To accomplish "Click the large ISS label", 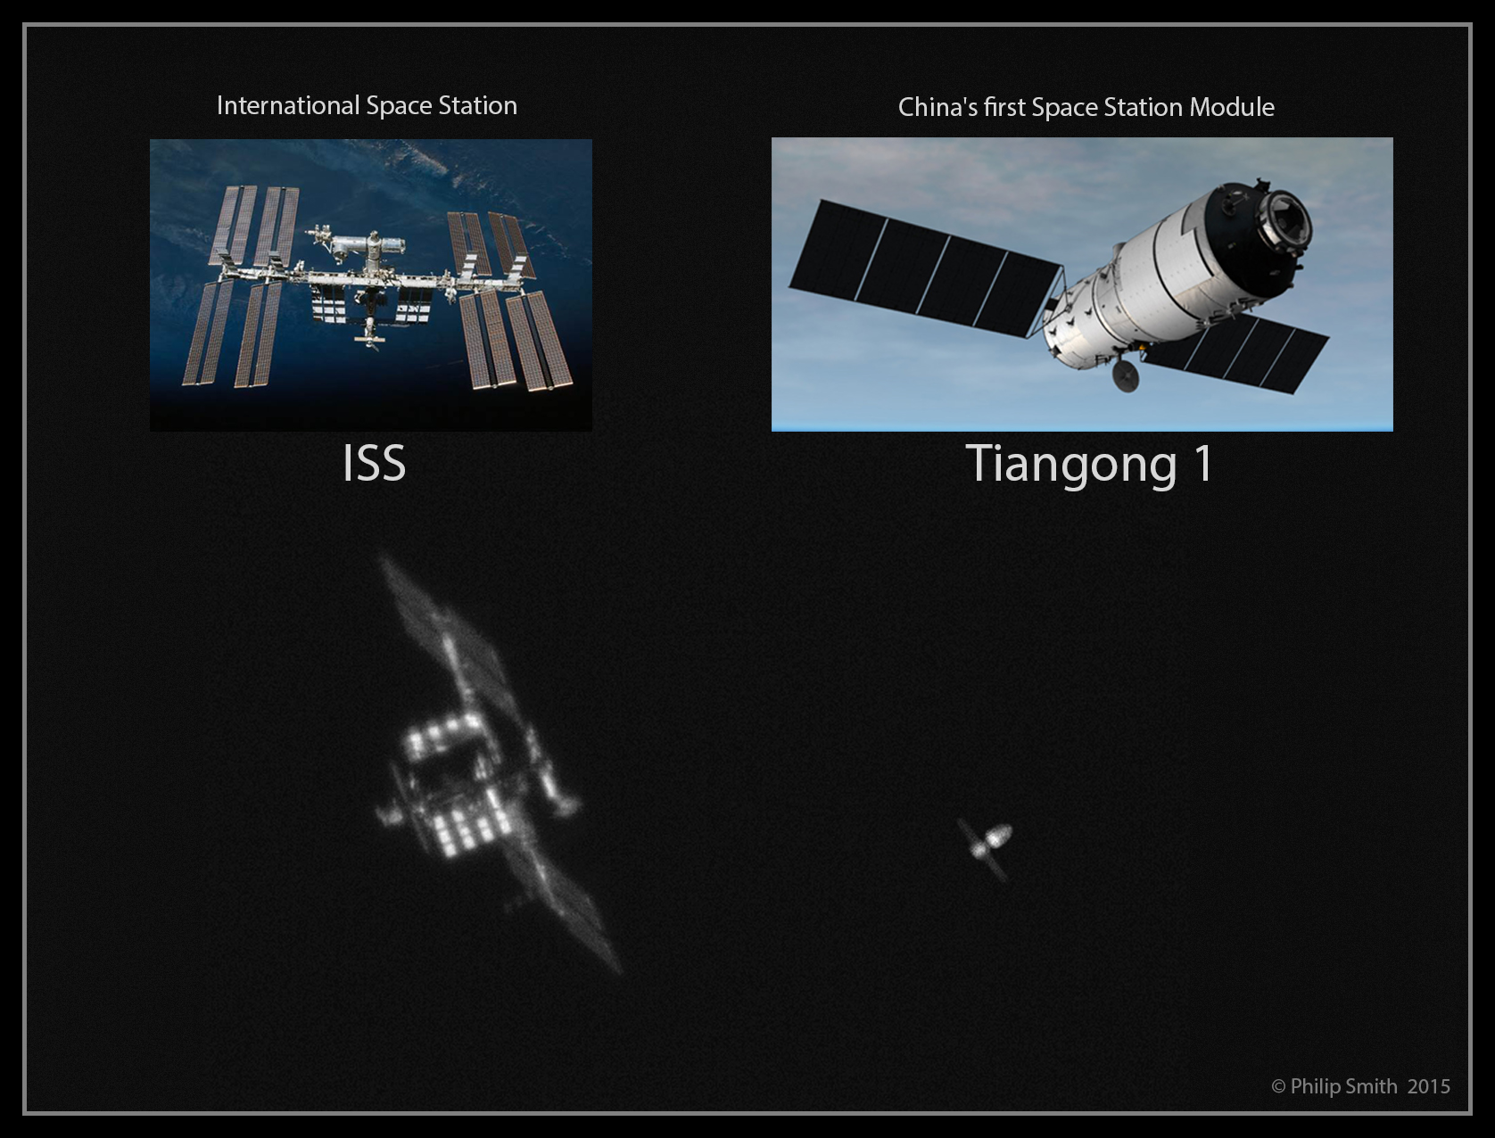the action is pos(374,463).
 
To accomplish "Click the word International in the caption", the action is pos(288,105).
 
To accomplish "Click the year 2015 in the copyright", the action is pos(1429,1086).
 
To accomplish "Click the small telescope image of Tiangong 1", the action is pos(986,848).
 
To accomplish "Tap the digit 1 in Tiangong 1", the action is pos(1202,464).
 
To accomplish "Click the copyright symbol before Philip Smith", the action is pos(1278,1087).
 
